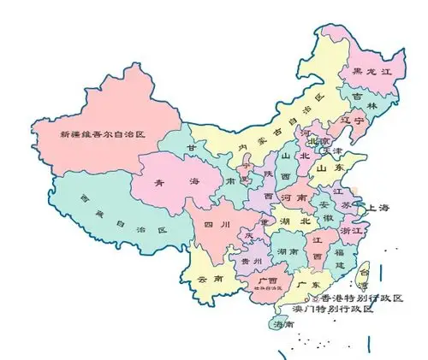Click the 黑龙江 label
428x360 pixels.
click(360, 73)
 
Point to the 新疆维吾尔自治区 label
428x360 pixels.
click(104, 134)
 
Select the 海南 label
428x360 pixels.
click(282, 325)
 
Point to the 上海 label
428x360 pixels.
click(377, 208)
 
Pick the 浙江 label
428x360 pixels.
click(352, 231)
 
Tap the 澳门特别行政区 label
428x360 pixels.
click(333, 309)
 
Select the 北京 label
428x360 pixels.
click(318, 140)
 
